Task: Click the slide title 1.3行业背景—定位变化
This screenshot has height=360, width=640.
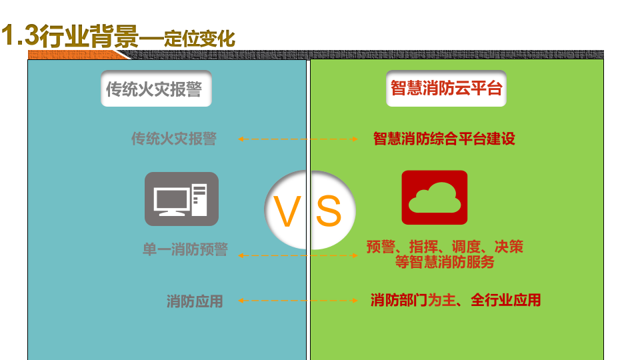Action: point(119,37)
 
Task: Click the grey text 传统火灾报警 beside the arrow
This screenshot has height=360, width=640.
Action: point(173,139)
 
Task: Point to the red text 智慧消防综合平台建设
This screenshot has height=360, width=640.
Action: point(444,139)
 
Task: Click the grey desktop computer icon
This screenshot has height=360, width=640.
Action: point(181,199)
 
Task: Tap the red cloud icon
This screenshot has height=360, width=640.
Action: point(434,197)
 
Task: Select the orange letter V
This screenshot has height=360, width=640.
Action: point(288,212)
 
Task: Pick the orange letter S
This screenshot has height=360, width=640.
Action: point(328,212)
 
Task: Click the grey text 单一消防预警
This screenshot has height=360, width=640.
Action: point(185,250)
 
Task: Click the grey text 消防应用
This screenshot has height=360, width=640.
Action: point(195,301)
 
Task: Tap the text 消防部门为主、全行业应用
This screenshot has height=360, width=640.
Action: point(455,300)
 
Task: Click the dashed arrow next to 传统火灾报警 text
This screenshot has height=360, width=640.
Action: point(298,139)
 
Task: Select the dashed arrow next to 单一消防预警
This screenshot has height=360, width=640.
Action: point(298,255)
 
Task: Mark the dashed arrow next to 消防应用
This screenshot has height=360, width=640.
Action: point(298,301)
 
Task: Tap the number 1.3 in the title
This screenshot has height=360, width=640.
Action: point(20,37)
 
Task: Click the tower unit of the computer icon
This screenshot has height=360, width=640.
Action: point(199,199)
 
